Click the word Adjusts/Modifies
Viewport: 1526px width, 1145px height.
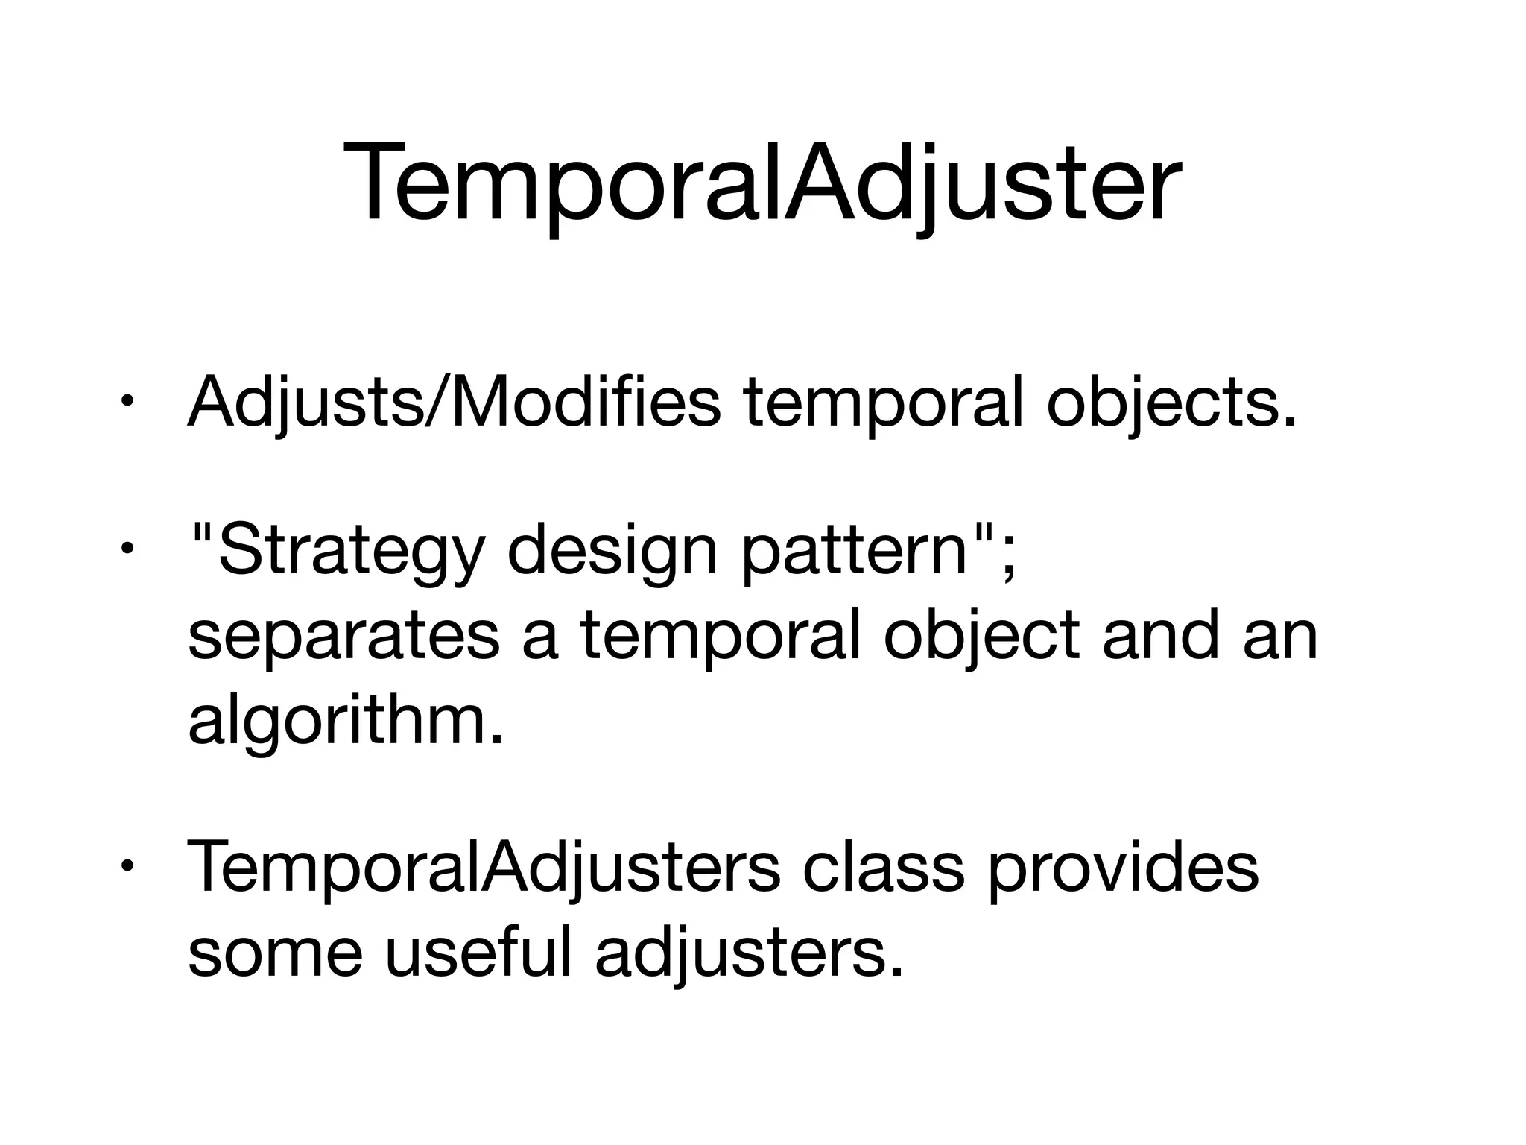(455, 403)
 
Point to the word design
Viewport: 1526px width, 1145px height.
(611, 552)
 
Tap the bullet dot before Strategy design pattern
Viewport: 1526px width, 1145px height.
(127, 551)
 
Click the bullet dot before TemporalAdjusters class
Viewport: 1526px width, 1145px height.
(127, 867)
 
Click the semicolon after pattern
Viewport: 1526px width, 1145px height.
(1007, 555)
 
